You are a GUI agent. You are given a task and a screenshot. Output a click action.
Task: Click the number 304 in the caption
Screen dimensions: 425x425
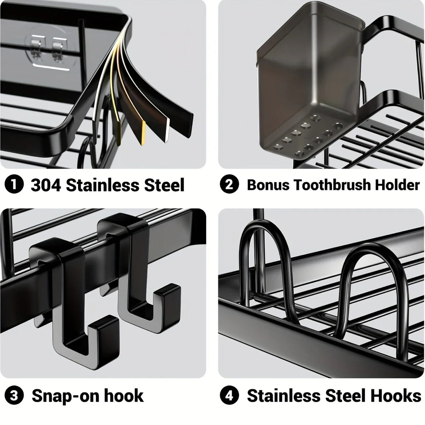point(46,185)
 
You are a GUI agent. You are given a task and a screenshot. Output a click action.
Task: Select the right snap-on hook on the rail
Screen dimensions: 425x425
point(137,274)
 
